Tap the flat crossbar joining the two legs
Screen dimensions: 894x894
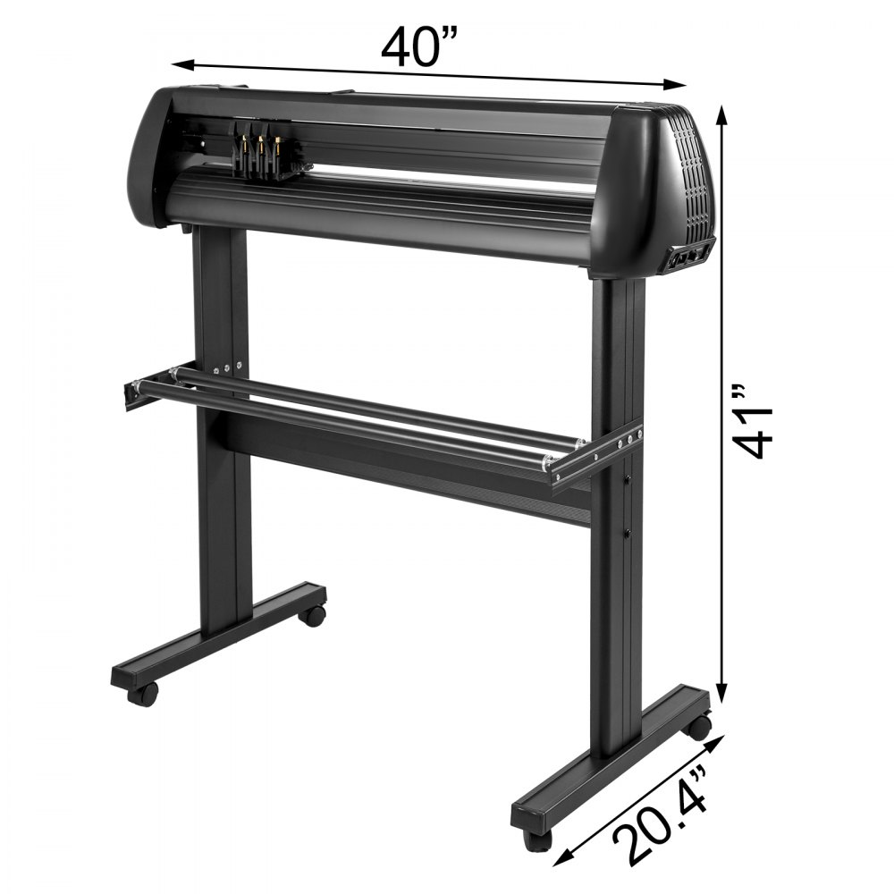point(402,465)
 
